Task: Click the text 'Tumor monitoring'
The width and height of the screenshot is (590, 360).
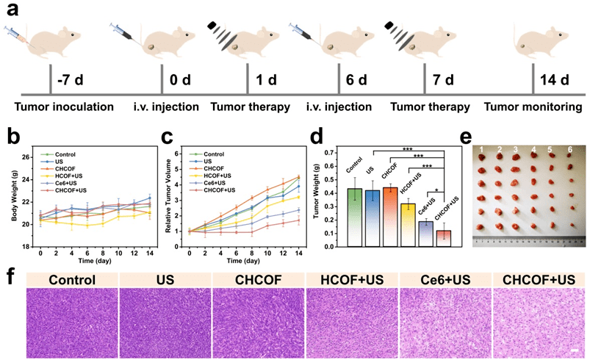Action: [x=536, y=107]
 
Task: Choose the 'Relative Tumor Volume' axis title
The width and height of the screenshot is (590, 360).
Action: [x=168, y=193]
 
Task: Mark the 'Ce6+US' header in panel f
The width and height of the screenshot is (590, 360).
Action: [x=445, y=279]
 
